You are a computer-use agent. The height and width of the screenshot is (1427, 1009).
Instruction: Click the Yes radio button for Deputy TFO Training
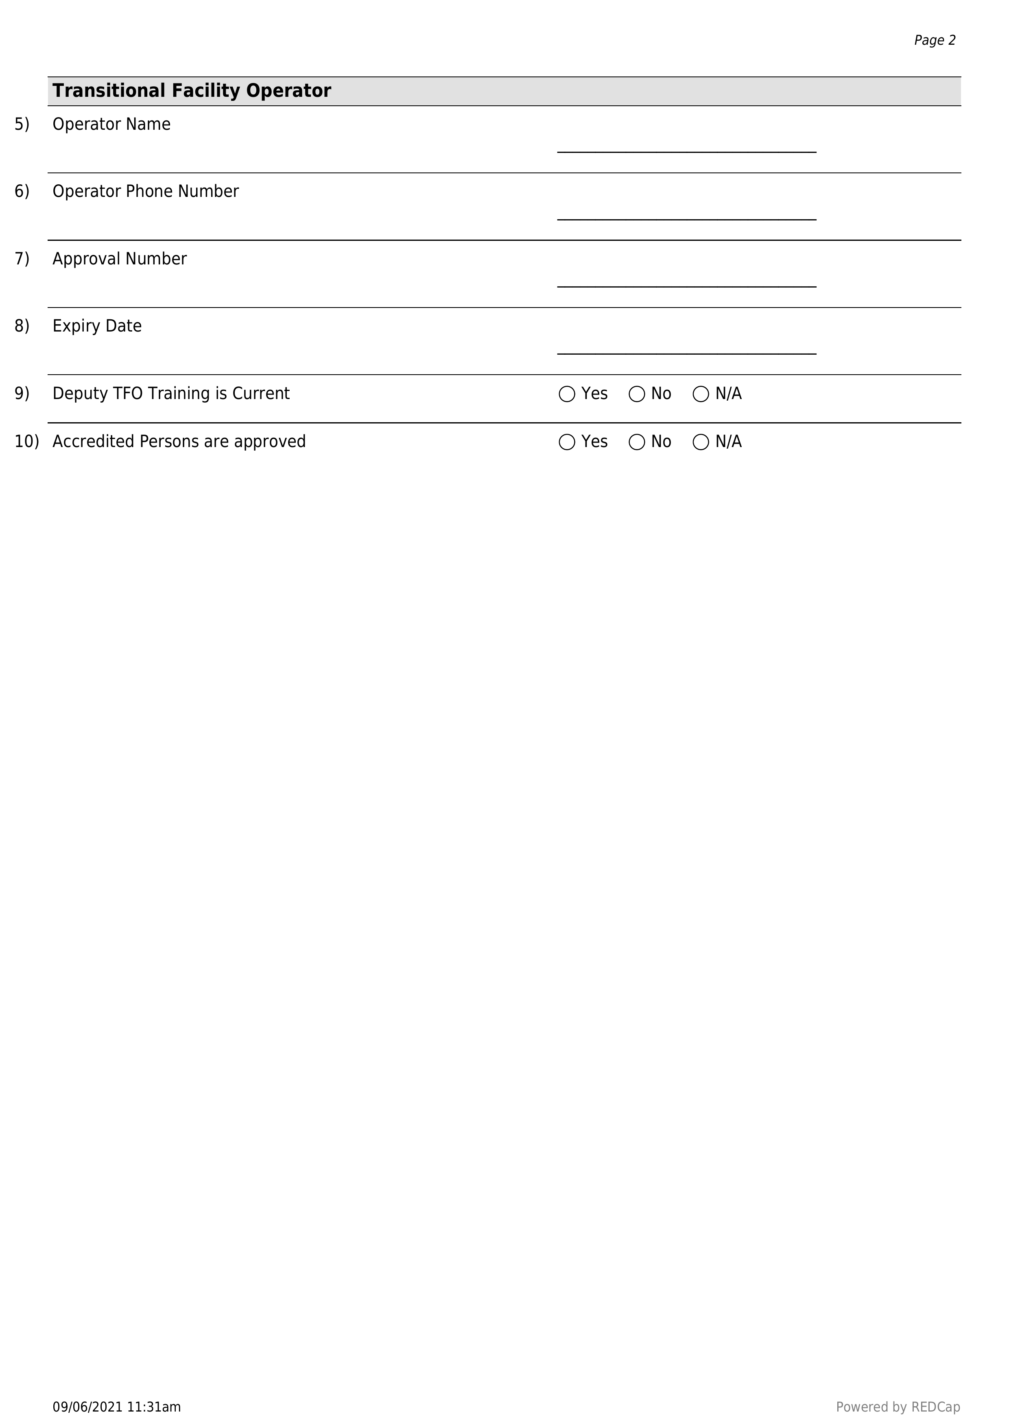(567, 394)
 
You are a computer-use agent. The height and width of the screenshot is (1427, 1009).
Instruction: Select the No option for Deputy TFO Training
(637, 394)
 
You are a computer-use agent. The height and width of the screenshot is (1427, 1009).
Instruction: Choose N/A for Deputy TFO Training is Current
(701, 394)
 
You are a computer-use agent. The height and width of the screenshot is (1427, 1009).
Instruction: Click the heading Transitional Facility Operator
(192, 91)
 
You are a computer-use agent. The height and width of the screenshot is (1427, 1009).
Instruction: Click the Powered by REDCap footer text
(898, 1407)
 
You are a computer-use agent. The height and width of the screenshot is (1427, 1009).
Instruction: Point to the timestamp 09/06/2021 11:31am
(117, 1407)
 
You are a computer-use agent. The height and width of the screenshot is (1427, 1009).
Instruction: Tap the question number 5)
(22, 124)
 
